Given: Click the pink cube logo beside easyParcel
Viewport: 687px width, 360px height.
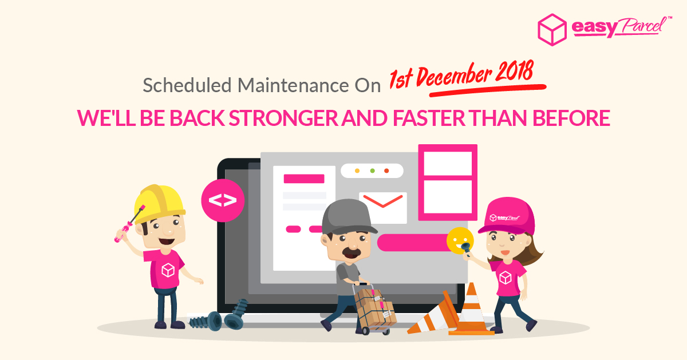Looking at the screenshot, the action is tap(552, 30).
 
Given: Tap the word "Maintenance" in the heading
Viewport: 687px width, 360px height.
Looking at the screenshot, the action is tap(293, 85).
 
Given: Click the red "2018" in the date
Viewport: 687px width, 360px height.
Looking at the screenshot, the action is tap(515, 72).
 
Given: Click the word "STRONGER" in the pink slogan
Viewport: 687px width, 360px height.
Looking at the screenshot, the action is tap(283, 118).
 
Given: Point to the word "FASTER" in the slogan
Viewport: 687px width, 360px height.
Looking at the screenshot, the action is tap(429, 118).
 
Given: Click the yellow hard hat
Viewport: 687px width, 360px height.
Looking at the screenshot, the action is tap(160, 203).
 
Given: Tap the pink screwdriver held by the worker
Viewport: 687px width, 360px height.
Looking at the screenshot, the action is tap(129, 224).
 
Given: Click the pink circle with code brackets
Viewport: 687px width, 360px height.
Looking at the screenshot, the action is tap(223, 200).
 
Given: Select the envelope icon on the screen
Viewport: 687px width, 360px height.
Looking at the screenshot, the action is tap(383, 208).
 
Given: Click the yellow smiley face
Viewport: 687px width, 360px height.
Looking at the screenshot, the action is tap(459, 241).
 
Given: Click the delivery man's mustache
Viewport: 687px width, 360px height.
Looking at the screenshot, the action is tap(352, 253).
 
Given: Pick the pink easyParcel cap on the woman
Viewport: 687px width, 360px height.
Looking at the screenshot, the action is tap(507, 216).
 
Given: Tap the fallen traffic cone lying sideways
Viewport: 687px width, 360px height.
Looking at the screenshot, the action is tap(434, 314).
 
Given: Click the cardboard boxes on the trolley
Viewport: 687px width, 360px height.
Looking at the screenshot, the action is tap(375, 307).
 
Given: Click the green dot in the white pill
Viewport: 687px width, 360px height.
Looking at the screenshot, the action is tap(372, 171).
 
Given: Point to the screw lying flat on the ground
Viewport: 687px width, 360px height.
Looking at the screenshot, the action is tap(205, 321).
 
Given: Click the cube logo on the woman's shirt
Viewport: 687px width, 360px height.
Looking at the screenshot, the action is tap(505, 278).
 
